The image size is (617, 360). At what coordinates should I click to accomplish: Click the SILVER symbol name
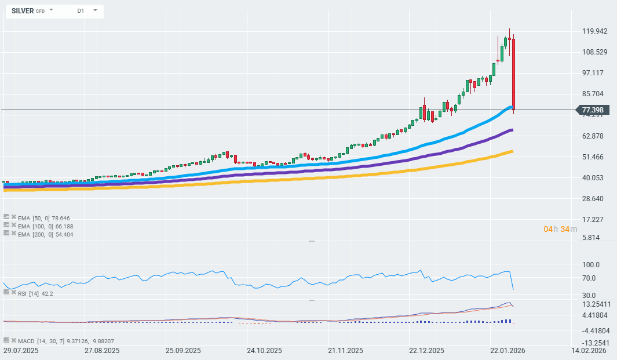[23, 10]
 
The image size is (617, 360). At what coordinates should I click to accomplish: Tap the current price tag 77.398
[593, 110]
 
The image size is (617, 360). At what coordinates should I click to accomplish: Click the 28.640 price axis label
[593, 199]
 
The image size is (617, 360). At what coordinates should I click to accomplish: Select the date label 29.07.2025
[21, 351]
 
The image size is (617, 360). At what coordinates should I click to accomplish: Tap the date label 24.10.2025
[264, 351]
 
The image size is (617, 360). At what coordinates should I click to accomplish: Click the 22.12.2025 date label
[426, 351]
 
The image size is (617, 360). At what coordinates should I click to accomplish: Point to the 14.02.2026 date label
[589, 351]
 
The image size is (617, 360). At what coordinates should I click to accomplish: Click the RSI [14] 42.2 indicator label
[35, 294]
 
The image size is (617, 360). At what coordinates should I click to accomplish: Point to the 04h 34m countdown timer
[560, 229]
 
